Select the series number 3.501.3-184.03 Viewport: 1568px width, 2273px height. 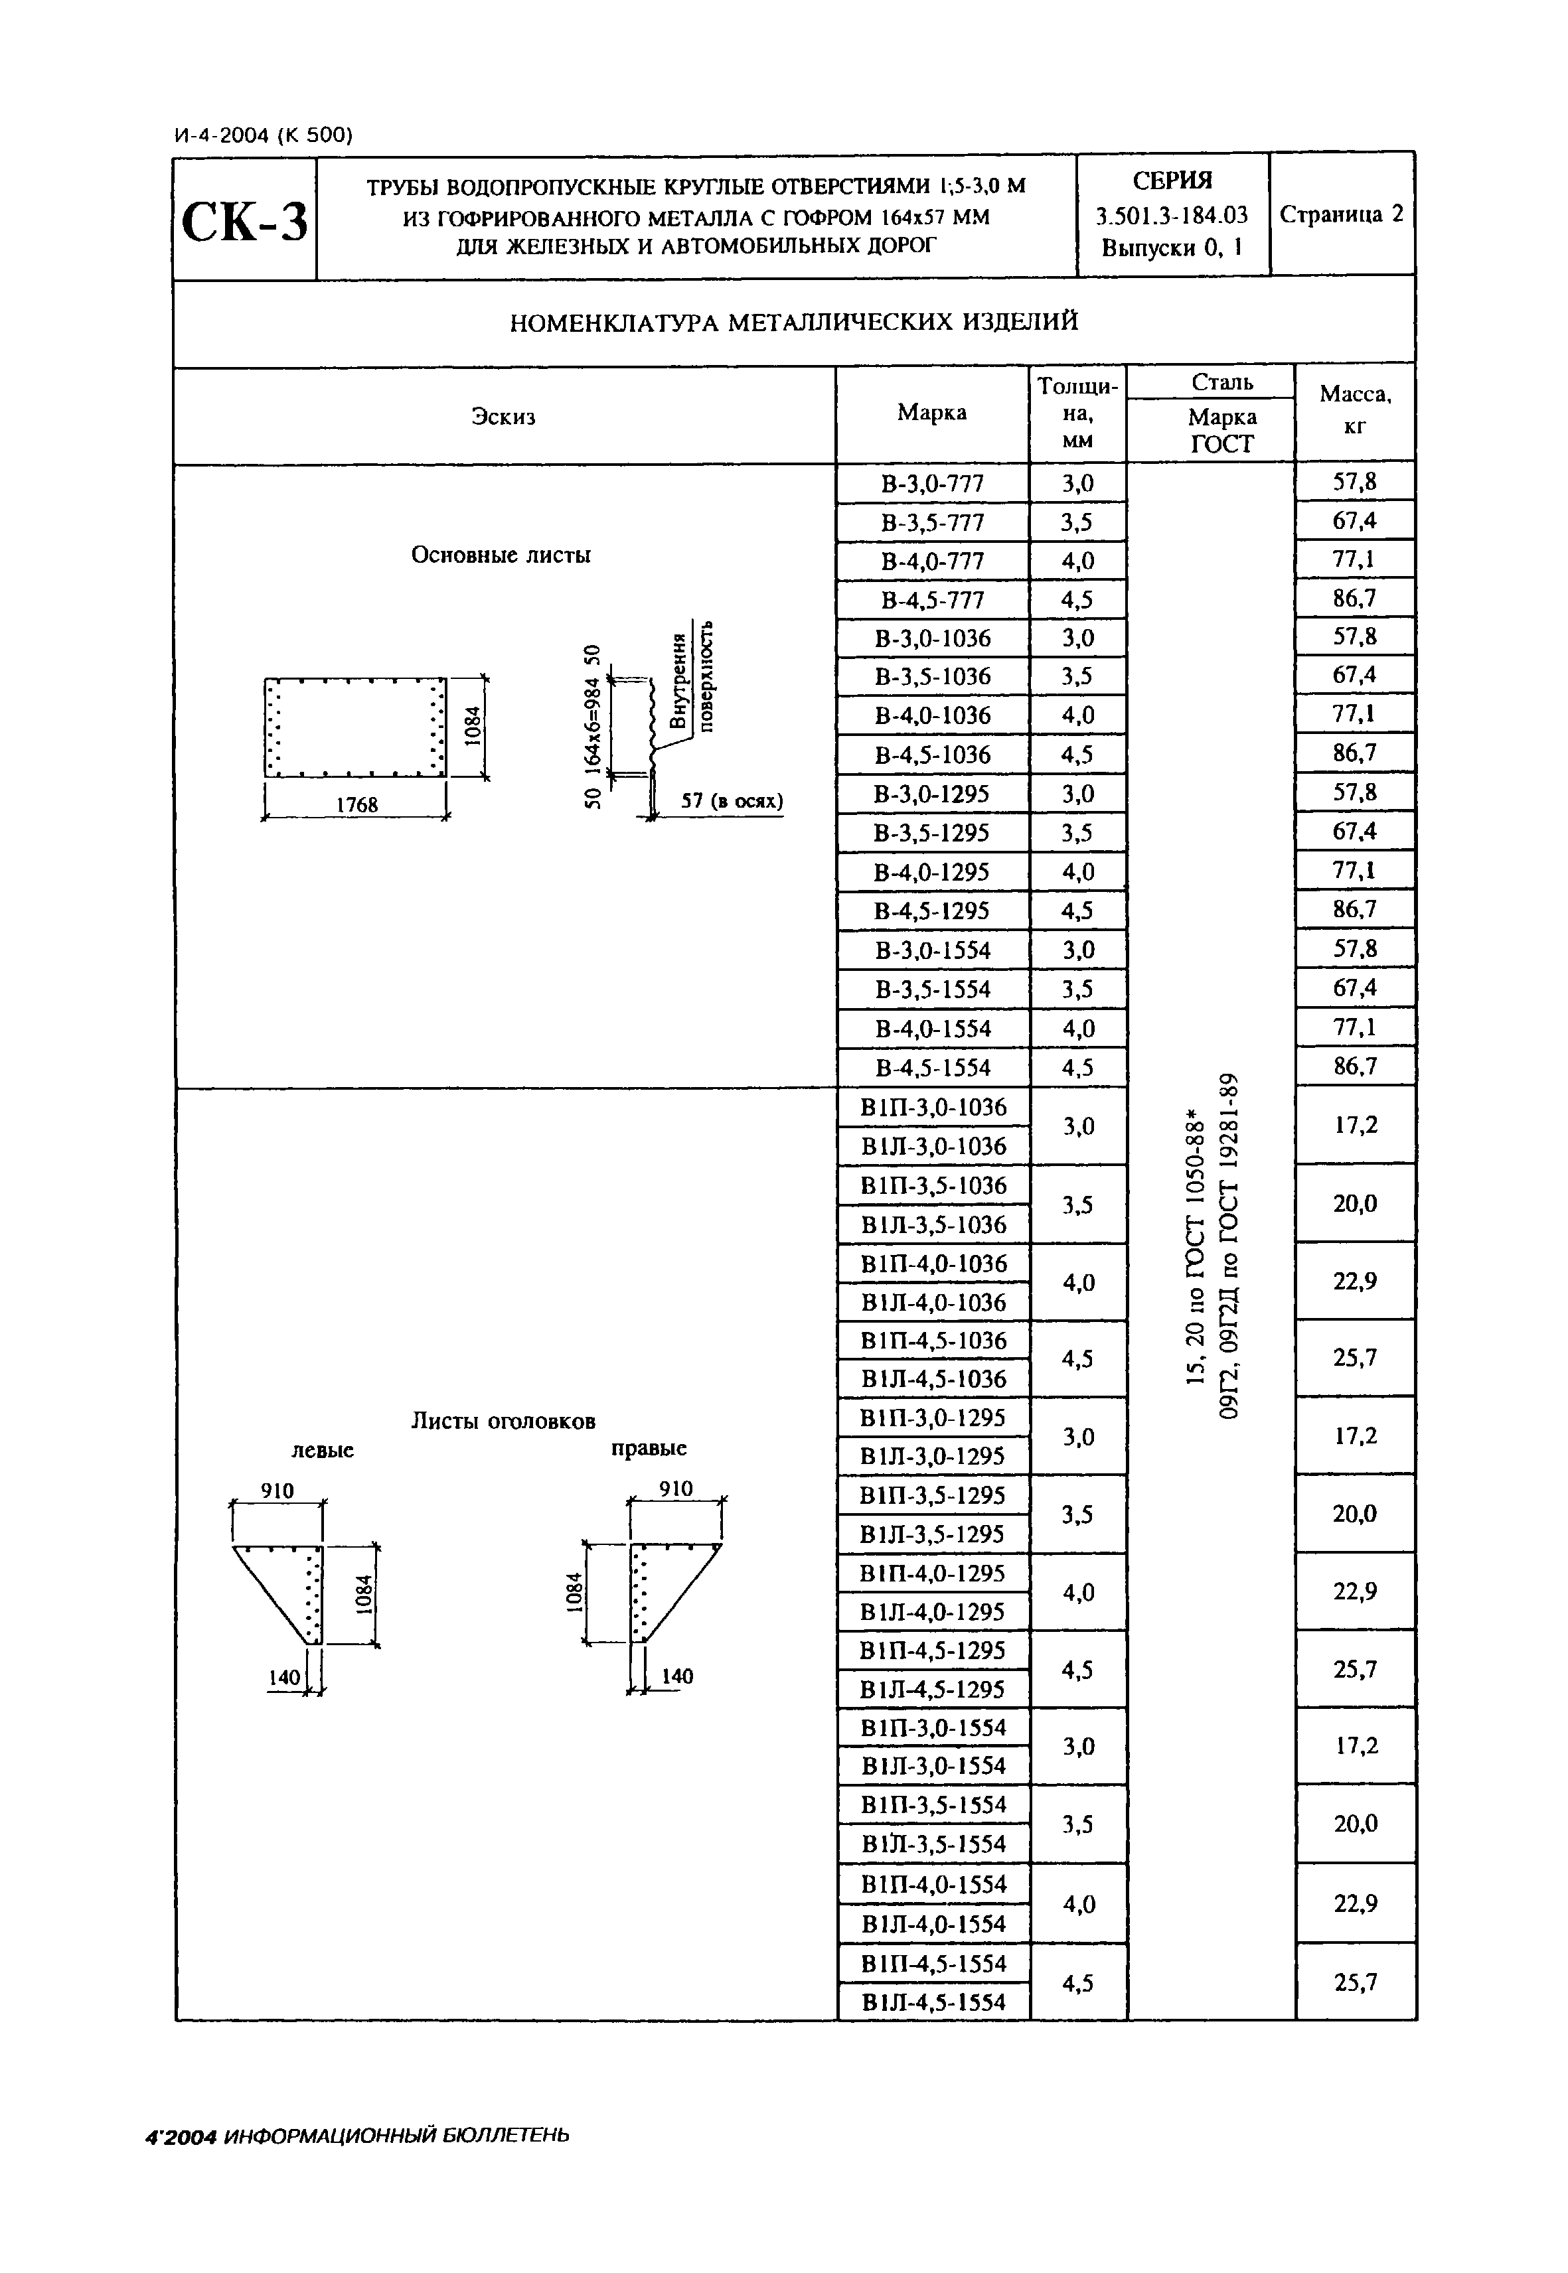pyautogui.click(x=1172, y=215)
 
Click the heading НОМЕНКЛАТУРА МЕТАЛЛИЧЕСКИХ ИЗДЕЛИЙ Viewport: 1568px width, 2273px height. pyautogui.click(x=794, y=321)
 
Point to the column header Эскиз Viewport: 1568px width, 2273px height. pyautogui.click(x=503, y=417)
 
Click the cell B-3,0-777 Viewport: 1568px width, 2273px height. pyautogui.click(x=931, y=483)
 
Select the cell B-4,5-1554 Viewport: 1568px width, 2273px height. pyautogui.click(x=931, y=1068)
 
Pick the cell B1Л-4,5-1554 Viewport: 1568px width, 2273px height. pyautogui.click(x=933, y=2002)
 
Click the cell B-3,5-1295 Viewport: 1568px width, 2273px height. pyautogui.click(x=931, y=833)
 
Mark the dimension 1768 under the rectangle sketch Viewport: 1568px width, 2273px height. pyautogui.click(x=356, y=804)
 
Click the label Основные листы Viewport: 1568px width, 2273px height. pyautogui.click(x=501, y=555)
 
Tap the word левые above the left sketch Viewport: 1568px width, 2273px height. pyautogui.click(x=322, y=1451)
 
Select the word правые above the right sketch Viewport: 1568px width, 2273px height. pyautogui.click(x=649, y=1448)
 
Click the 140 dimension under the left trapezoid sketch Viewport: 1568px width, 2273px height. pyautogui.click(x=284, y=1678)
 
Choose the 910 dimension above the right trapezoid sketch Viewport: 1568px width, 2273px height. pyautogui.click(x=676, y=1489)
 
